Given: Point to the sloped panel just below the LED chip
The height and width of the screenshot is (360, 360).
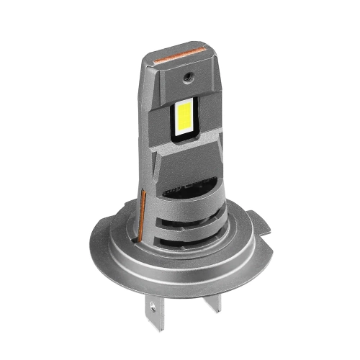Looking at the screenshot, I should coord(183,155).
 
